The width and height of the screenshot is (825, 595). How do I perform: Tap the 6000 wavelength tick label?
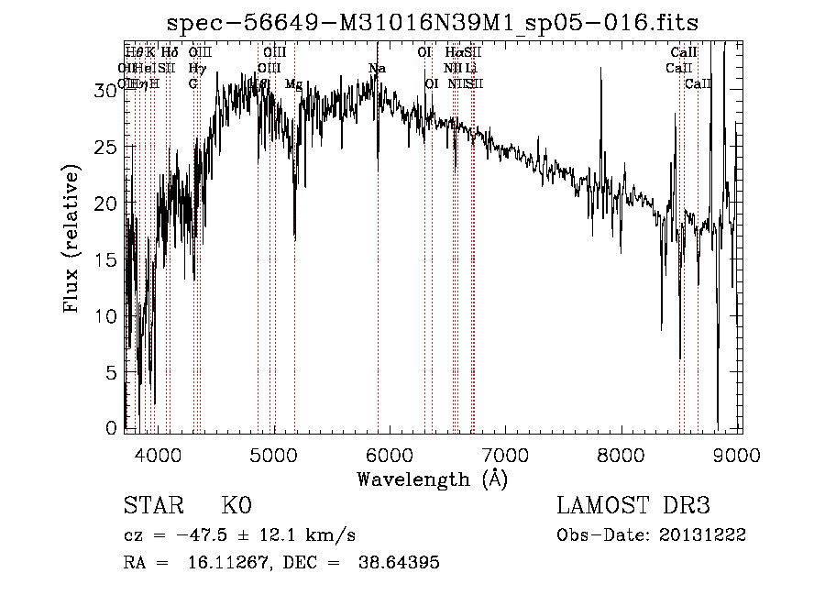click(390, 453)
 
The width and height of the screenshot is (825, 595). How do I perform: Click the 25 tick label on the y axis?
click(108, 147)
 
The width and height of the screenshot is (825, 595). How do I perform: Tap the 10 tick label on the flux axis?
click(108, 316)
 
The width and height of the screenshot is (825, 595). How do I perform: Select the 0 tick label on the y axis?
click(114, 428)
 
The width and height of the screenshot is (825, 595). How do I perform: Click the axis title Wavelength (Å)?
click(432, 479)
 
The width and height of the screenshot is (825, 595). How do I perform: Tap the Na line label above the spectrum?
click(377, 69)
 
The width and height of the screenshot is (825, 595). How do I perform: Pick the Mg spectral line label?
click(293, 84)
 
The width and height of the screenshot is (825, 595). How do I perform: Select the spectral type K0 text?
click(236, 506)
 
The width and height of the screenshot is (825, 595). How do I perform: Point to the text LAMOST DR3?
click(633, 506)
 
